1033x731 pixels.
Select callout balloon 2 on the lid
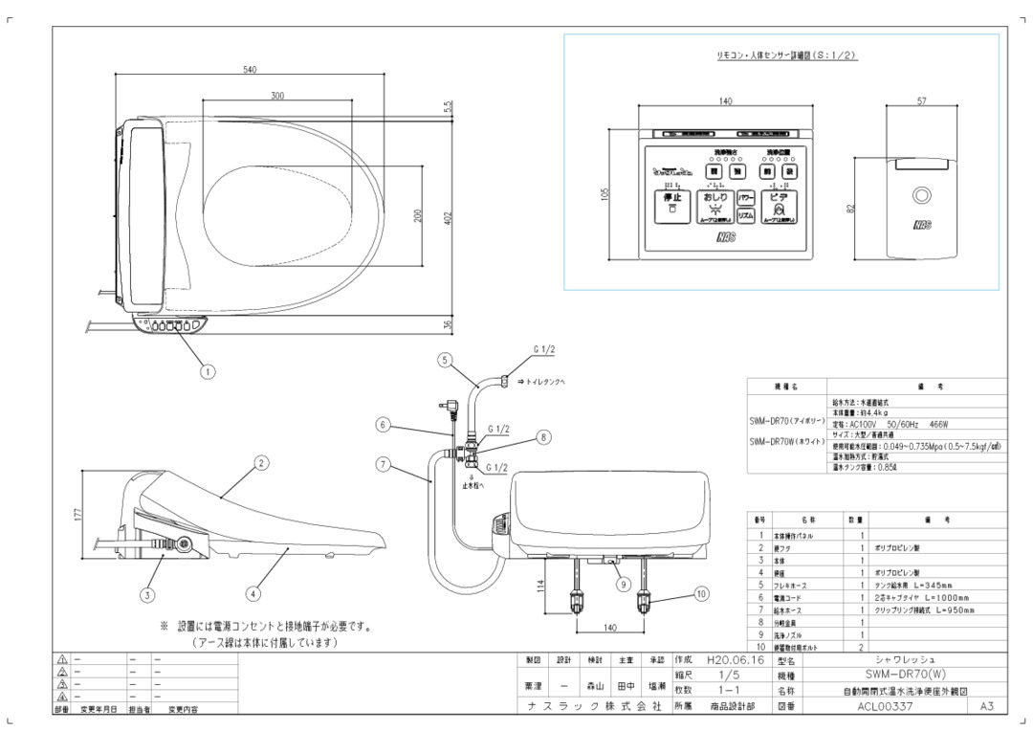click(260, 462)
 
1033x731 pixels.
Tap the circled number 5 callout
click(445, 360)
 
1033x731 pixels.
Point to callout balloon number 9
click(622, 583)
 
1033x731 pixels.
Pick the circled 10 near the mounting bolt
click(701, 594)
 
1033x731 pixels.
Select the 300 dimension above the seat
click(277, 97)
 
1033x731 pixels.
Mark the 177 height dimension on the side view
click(77, 515)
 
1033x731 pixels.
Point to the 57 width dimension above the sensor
click(921, 101)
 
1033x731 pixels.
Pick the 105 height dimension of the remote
click(605, 193)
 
